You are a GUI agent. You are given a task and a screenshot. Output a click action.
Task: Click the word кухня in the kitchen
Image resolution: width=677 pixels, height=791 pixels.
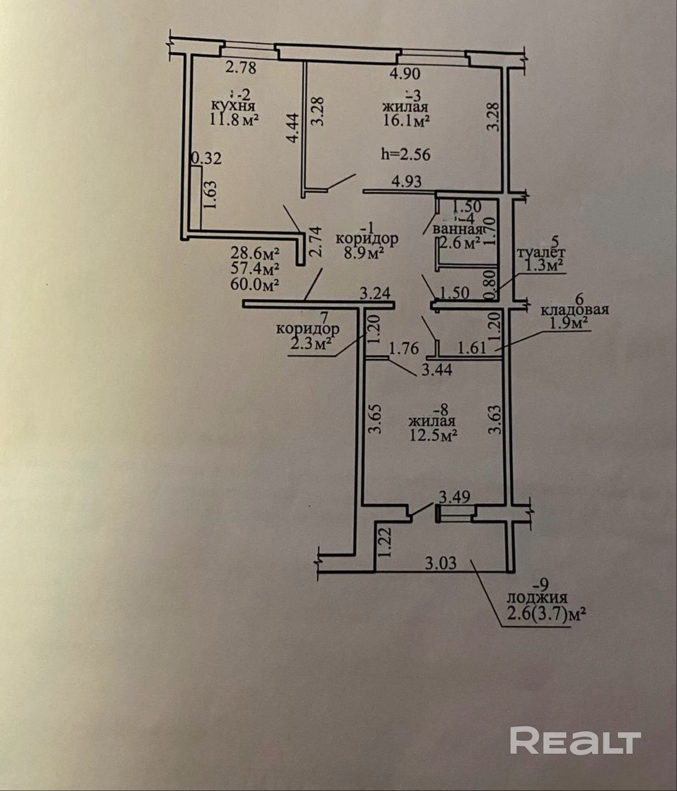[x=233, y=106]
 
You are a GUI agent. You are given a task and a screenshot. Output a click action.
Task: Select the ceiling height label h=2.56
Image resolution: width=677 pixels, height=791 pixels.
[x=405, y=154]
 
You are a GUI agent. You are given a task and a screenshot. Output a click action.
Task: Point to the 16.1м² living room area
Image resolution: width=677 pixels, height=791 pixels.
[x=406, y=121]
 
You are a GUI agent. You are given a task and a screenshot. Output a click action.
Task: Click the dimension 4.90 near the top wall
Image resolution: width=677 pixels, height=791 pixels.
[x=405, y=74]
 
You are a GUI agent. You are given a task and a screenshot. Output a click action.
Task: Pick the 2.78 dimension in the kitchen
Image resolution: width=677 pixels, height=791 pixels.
[x=241, y=68]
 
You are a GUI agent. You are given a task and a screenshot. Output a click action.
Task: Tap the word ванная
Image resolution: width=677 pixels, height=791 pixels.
[x=457, y=229]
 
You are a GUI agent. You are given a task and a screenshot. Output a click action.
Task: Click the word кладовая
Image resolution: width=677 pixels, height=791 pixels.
[x=574, y=310]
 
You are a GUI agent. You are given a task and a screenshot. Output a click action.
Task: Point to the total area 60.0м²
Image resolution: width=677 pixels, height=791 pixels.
[x=255, y=284]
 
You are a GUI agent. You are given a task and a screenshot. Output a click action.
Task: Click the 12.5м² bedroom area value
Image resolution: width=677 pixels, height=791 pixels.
[x=434, y=435]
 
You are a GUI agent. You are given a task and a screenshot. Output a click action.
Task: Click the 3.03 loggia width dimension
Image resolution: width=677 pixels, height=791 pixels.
[x=441, y=563]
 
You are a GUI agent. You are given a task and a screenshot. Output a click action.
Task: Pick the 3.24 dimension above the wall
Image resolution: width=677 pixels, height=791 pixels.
[x=375, y=293]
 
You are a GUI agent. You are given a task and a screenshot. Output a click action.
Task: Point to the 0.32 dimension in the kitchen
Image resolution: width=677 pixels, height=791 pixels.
[x=206, y=159]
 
